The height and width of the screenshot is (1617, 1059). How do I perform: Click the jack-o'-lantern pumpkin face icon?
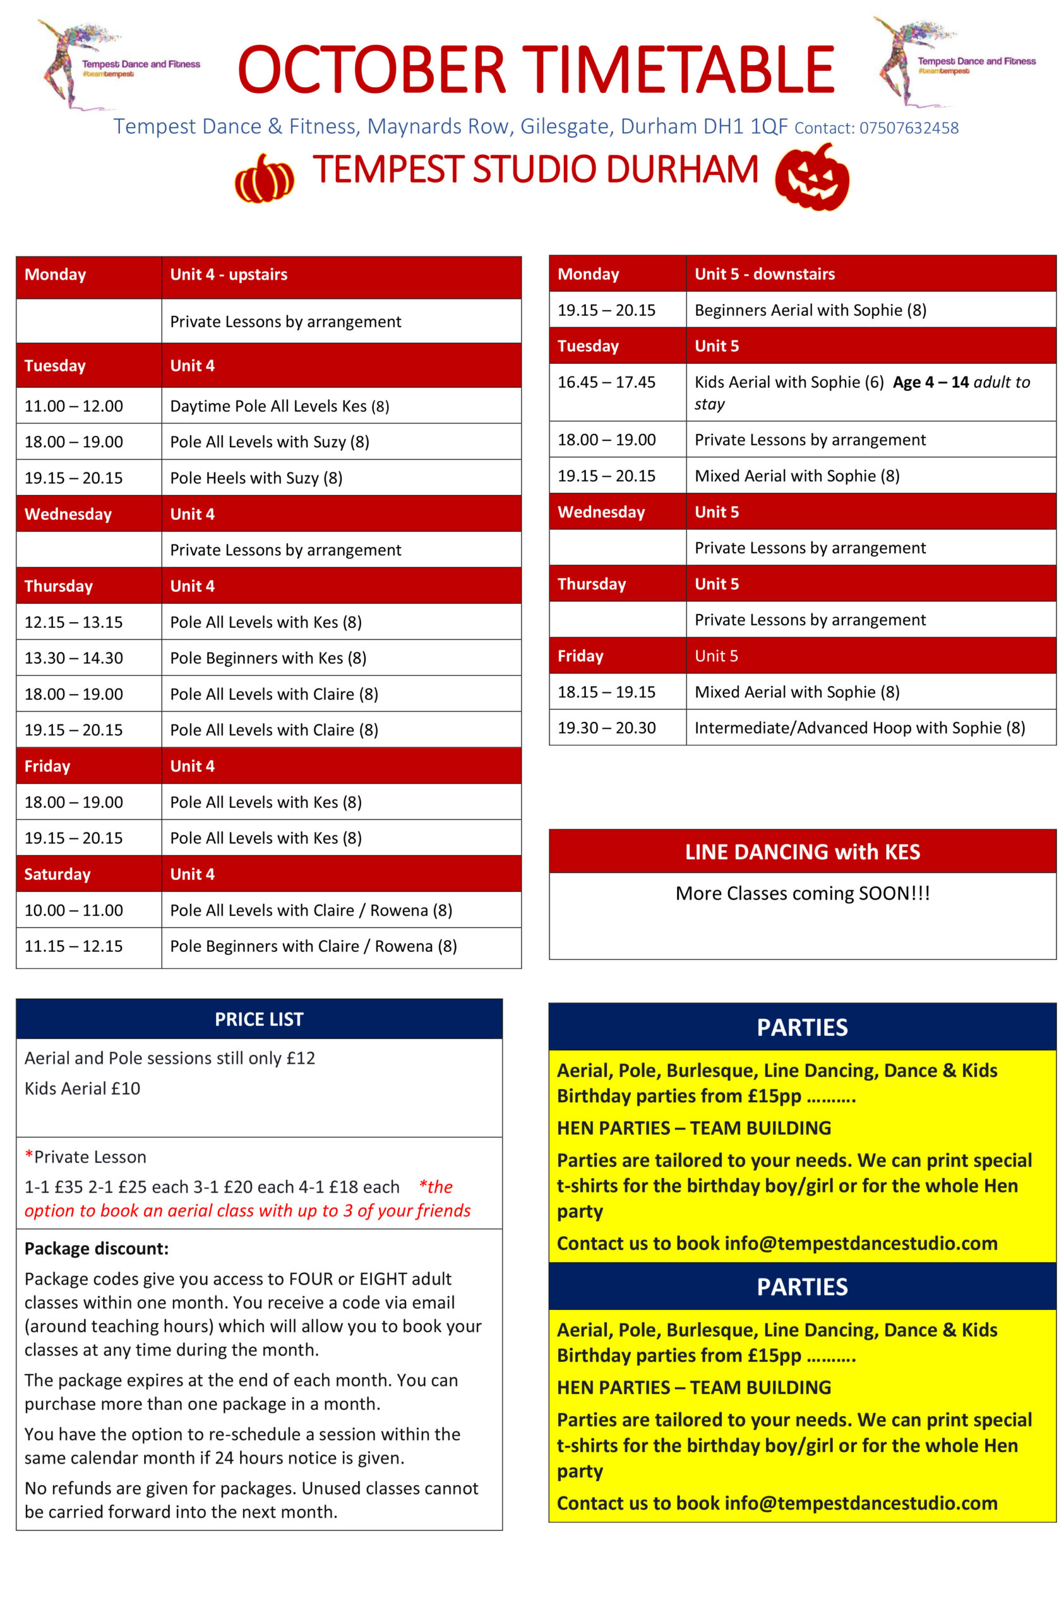click(x=811, y=178)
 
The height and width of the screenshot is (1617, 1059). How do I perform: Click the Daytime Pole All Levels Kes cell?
click(x=279, y=406)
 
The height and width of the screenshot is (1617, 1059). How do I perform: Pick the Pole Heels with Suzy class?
click(x=256, y=478)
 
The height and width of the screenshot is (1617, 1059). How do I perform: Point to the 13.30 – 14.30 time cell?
click(x=74, y=658)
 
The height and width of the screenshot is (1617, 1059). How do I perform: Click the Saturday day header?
click(x=57, y=874)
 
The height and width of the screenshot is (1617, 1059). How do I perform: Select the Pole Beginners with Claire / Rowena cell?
click(x=313, y=946)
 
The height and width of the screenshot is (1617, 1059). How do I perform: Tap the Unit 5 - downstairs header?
click(x=764, y=274)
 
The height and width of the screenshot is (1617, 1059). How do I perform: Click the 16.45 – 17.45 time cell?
click(x=606, y=382)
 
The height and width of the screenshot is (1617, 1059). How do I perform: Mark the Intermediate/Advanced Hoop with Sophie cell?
click(x=859, y=728)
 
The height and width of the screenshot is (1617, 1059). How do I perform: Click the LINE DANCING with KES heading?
click(x=801, y=851)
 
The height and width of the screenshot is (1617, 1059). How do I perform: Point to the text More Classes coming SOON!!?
click(x=801, y=893)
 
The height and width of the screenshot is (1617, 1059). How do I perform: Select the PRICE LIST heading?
click(x=259, y=1018)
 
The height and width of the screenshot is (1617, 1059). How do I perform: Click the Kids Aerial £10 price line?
click(x=82, y=1088)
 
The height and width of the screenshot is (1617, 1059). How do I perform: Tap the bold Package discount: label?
click(x=97, y=1248)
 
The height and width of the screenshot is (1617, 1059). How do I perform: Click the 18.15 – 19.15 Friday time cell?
click(x=606, y=692)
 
